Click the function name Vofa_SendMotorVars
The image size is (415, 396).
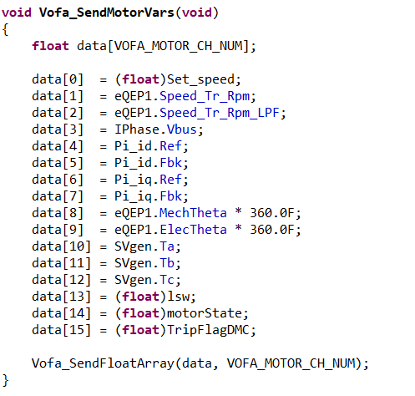click(x=107, y=13)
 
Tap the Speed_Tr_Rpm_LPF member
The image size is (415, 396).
click(x=220, y=113)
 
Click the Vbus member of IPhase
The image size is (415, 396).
click(x=182, y=129)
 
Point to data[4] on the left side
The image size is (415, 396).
click(x=58, y=146)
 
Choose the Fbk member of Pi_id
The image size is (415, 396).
click(x=170, y=163)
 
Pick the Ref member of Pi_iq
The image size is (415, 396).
click(x=170, y=180)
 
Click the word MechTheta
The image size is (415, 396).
click(x=193, y=213)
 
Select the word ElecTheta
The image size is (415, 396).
click(x=193, y=230)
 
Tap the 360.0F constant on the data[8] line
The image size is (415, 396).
click(x=272, y=213)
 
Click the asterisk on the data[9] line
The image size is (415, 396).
click(x=238, y=228)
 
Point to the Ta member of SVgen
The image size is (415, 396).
click(x=167, y=246)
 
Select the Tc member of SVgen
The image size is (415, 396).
click(x=167, y=280)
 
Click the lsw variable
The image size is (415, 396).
click(x=178, y=297)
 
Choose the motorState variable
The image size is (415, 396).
click(x=205, y=313)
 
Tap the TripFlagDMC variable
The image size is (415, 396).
click(x=208, y=330)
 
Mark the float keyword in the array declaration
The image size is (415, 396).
click(x=50, y=46)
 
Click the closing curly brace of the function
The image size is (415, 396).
click(x=6, y=380)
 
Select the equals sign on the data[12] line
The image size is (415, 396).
click(x=103, y=281)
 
